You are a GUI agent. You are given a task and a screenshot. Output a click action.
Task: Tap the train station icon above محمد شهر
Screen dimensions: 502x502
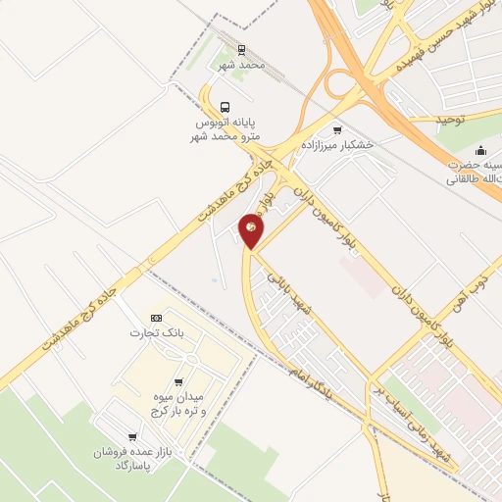(241, 48)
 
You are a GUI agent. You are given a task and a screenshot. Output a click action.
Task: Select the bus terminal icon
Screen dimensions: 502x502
(226, 107)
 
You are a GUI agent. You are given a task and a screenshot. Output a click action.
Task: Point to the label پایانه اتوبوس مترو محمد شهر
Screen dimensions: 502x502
(226, 128)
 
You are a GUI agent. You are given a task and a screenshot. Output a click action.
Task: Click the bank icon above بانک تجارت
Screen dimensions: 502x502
(156, 319)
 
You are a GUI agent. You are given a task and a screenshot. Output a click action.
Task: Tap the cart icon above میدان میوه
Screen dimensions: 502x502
(177, 381)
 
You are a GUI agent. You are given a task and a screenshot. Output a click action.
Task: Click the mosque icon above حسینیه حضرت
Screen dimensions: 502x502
(480, 150)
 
